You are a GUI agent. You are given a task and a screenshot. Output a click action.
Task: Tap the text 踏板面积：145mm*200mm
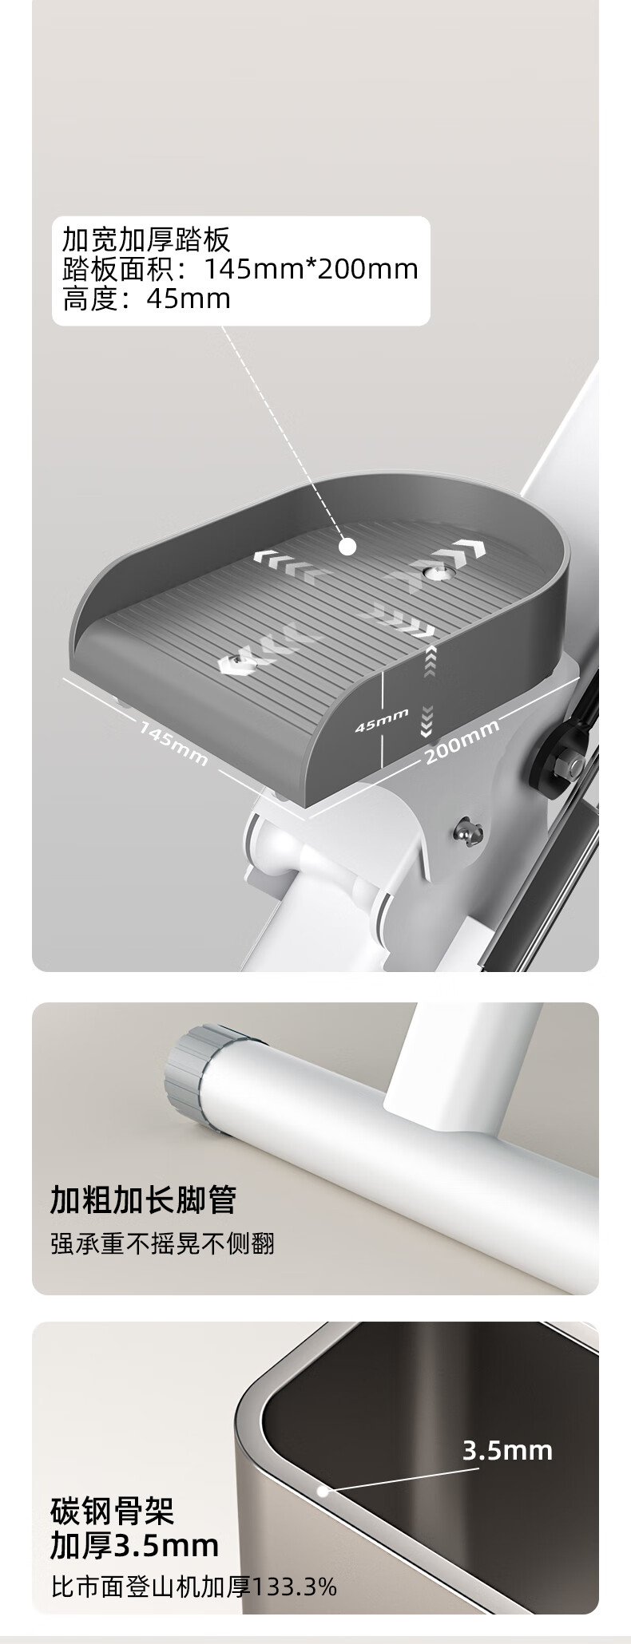click(240, 270)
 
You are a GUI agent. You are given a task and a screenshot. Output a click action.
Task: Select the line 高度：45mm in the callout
click(147, 299)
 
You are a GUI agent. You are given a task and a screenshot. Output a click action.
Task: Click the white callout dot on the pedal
click(347, 547)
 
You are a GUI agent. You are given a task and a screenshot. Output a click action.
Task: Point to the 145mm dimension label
click(173, 743)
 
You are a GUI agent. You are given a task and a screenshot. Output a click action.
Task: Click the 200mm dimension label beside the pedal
click(462, 741)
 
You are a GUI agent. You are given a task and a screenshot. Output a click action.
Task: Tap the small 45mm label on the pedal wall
click(382, 720)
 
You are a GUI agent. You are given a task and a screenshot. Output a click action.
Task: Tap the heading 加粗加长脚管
click(144, 1199)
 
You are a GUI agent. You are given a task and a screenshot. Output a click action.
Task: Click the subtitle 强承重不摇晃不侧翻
click(163, 1243)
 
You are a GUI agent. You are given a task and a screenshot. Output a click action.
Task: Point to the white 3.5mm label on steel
click(508, 1449)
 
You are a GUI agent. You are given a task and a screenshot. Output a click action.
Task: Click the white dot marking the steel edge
click(323, 1490)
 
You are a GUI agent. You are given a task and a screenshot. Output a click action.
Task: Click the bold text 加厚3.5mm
click(135, 1546)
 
